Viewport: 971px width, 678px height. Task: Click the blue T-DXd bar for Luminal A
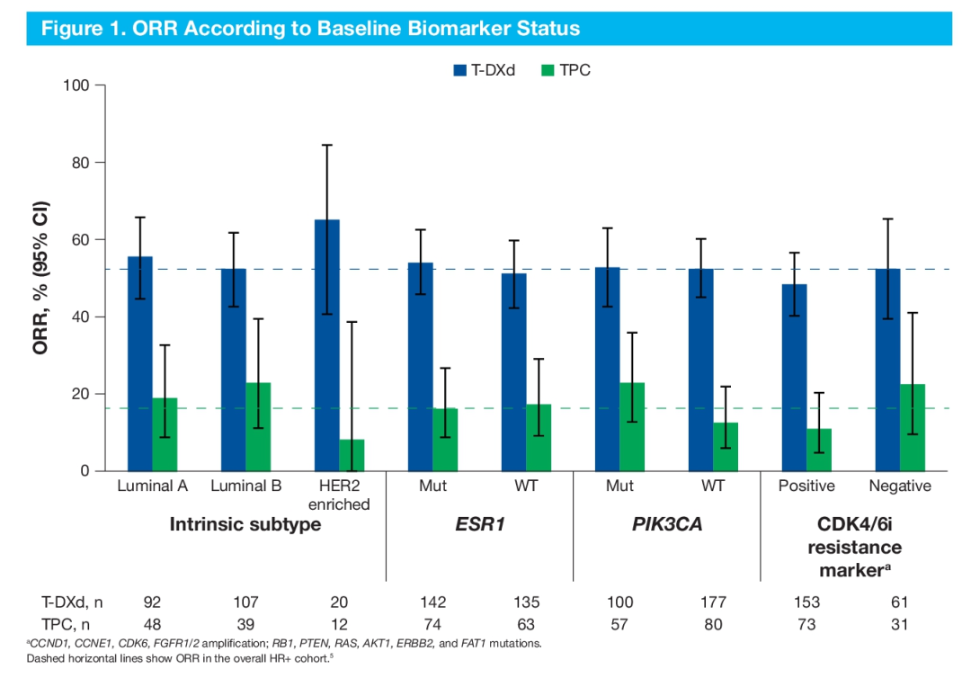click(x=140, y=364)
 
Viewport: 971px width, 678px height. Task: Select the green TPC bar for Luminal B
click(x=258, y=427)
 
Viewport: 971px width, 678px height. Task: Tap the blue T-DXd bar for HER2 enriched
click(x=327, y=345)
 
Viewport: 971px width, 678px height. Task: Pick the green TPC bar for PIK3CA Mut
click(x=632, y=427)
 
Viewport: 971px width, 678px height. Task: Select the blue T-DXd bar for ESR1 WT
click(x=514, y=372)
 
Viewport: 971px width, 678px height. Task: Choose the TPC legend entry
click(x=566, y=69)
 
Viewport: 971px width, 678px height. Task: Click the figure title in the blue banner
click(x=311, y=28)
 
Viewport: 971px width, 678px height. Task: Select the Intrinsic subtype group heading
click(x=245, y=524)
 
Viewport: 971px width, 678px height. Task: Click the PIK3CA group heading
click(x=666, y=524)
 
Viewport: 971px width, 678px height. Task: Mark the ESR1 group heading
click(x=479, y=524)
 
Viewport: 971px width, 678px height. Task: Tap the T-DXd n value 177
click(x=713, y=602)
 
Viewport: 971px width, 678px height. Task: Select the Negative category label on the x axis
click(x=900, y=486)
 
